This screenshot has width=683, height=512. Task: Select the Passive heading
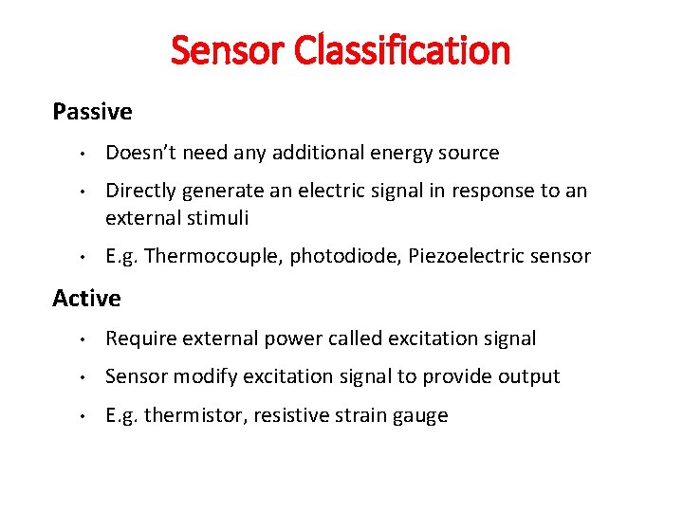[92, 112]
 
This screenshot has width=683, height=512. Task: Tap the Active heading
[86, 299]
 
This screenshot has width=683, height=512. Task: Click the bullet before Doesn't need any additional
[83, 154]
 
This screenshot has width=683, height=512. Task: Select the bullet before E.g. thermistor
[83, 416]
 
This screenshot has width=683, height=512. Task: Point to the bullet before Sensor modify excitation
[83, 377]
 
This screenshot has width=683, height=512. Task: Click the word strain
[359, 415]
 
